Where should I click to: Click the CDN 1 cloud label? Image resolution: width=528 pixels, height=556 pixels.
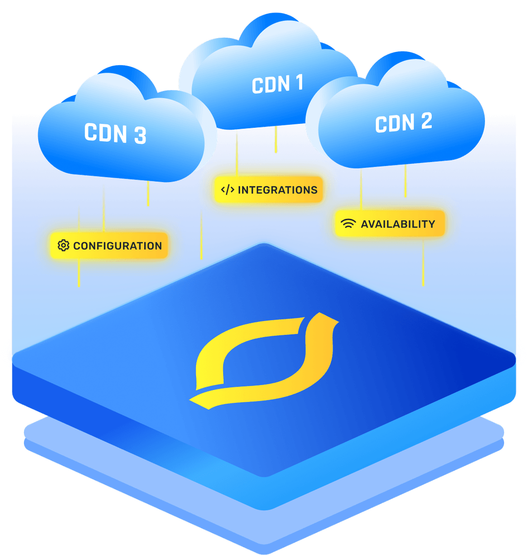(277, 84)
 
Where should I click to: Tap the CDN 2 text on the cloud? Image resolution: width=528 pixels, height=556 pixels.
(404, 122)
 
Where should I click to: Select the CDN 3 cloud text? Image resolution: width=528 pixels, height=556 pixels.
(115, 133)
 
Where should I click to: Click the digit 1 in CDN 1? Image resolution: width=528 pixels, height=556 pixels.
(298, 83)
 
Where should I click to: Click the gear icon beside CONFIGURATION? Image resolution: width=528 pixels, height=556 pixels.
(63, 246)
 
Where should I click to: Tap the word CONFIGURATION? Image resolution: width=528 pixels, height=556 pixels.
(117, 246)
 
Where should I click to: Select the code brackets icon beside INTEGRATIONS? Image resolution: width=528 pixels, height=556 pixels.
(228, 190)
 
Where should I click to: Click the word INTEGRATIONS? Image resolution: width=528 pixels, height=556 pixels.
(277, 190)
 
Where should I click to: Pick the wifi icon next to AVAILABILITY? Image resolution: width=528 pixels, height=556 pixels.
(348, 224)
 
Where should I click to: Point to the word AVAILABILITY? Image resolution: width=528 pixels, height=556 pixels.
(397, 224)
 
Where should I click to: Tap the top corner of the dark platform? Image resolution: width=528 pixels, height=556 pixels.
(264, 245)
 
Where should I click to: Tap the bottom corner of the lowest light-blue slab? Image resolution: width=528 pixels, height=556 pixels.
(264, 552)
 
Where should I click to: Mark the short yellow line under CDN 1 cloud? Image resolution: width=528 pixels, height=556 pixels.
(276, 139)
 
